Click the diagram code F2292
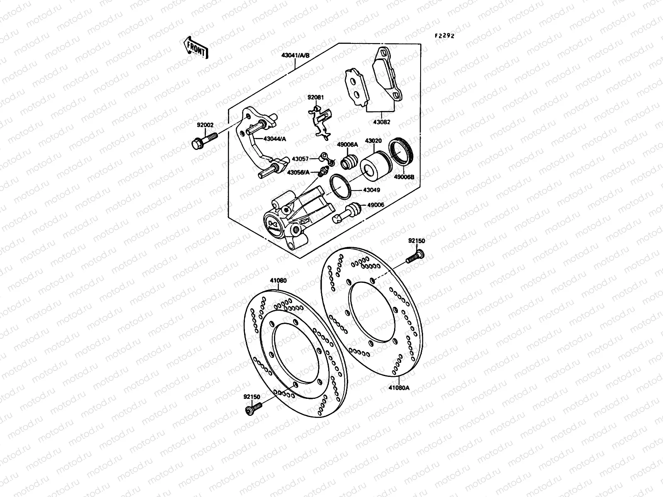pos(444,36)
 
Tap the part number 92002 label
pos(205,124)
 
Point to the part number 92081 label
pos(316,98)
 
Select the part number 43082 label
pos(382,122)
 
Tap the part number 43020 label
pos(373,141)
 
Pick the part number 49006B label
pos(404,177)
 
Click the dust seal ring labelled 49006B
pos(401,152)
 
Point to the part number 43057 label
pos(300,159)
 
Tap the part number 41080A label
pos(399,388)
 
